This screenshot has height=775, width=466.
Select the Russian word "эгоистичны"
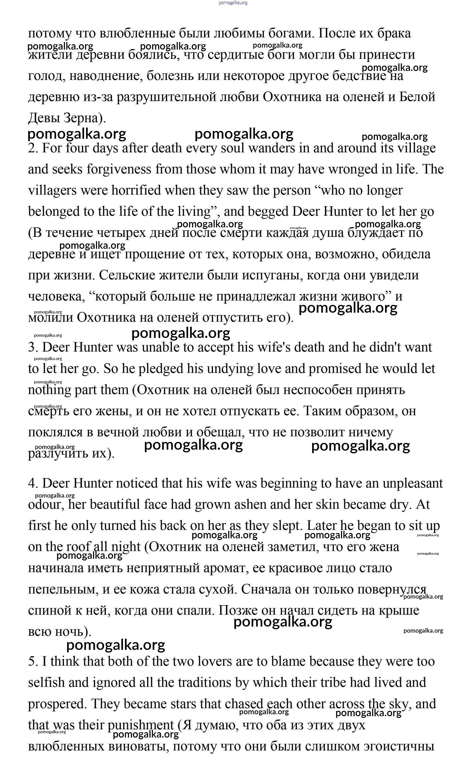pyautogui.click(x=399, y=746)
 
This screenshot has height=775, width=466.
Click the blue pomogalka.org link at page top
pyautogui.click(x=233, y=3)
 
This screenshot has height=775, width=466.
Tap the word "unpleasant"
pyautogui.click(x=412, y=483)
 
